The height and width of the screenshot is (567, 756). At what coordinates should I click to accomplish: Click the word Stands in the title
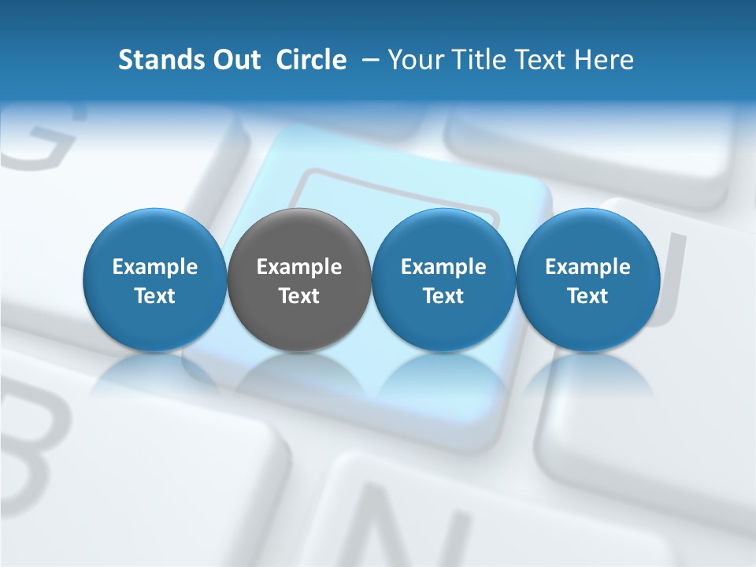157,60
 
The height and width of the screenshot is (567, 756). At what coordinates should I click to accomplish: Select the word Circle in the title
311,60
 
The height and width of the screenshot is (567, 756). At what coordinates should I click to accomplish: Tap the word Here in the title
604,60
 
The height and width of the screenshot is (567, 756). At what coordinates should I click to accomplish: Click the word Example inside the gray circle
299,267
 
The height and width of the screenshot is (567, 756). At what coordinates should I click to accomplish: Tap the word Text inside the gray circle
299,296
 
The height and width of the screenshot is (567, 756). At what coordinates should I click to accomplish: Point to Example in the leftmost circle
154,267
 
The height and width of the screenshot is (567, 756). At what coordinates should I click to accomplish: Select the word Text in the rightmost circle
587,296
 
